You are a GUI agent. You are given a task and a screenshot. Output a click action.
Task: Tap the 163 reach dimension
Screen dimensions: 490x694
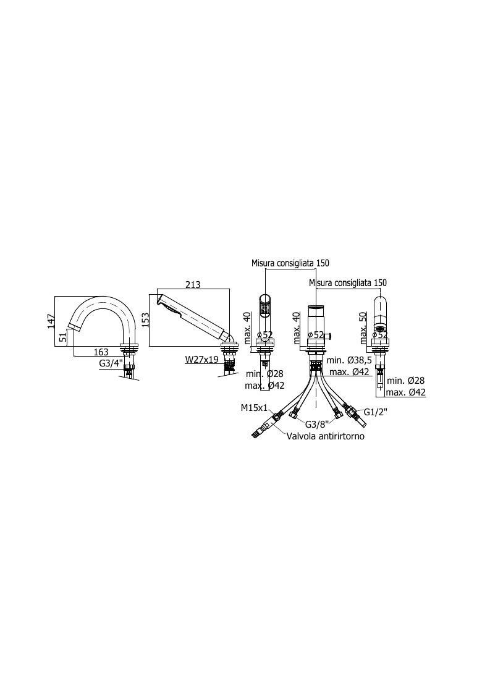click(x=101, y=352)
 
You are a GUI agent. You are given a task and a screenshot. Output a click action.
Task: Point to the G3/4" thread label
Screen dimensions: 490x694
click(x=111, y=364)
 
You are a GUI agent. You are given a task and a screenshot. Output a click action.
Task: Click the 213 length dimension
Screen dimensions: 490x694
click(x=193, y=285)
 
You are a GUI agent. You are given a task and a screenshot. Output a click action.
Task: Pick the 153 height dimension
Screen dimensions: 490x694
click(x=146, y=319)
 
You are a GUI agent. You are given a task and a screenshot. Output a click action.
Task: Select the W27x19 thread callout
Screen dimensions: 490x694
click(x=201, y=360)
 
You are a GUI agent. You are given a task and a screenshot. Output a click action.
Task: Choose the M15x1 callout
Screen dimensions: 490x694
click(x=255, y=408)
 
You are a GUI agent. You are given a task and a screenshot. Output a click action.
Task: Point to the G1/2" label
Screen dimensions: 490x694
click(x=375, y=411)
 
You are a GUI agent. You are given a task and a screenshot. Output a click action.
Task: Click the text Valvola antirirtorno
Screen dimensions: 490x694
click(x=326, y=436)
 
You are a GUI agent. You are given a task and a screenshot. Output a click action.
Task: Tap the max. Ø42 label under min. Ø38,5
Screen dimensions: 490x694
click(x=349, y=372)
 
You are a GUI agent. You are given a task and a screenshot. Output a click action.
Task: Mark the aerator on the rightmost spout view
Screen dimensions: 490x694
click(x=380, y=328)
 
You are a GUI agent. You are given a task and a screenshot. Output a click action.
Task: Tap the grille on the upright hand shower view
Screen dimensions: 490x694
click(x=266, y=308)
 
